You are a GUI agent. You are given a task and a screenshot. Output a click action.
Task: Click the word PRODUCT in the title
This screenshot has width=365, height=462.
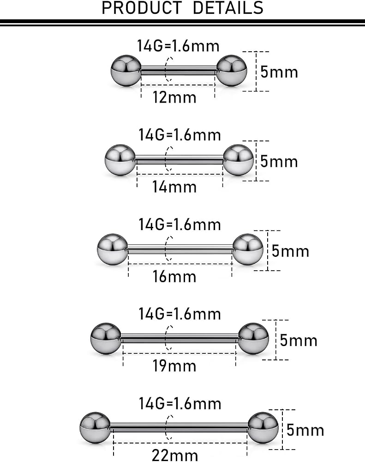tap(142, 8)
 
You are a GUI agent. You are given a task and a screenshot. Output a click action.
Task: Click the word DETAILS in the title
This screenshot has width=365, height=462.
tap(228, 8)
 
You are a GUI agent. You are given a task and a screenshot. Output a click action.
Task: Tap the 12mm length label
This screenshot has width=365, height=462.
tap(174, 97)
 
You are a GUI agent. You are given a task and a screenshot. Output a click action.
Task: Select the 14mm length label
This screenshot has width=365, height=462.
tap(174, 187)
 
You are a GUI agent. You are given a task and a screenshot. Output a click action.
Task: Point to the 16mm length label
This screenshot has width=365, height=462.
tap(174, 277)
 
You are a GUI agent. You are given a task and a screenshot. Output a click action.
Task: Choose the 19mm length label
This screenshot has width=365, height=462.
tap(174, 366)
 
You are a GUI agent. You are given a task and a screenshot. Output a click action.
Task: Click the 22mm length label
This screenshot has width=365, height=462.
tap(175, 455)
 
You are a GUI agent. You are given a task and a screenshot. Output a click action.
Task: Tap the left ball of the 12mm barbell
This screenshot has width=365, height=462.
tap(126, 70)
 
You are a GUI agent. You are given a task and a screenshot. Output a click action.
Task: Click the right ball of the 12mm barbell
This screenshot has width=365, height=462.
tap(231, 70)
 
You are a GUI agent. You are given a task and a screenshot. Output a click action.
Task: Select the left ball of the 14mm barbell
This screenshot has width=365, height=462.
tap(120, 160)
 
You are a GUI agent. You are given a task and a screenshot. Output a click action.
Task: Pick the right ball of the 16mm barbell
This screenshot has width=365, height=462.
tap(248, 249)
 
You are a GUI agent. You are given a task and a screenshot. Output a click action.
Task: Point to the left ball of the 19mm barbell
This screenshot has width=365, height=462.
tap(106, 339)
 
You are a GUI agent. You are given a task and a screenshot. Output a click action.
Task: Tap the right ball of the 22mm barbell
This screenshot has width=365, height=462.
tap(263, 428)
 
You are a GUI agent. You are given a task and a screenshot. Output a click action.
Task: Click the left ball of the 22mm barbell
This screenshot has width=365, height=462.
tap(95, 428)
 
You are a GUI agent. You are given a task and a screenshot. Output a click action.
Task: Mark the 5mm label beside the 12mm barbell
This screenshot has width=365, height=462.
tap(279, 72)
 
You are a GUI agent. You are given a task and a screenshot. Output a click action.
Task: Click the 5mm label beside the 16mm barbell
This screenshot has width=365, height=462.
tap(290, 251)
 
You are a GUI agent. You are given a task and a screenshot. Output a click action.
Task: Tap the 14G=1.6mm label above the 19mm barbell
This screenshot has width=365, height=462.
tap(180, 314)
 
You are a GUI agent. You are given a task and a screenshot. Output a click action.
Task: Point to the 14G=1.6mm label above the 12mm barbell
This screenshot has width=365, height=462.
tap(178, 46)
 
